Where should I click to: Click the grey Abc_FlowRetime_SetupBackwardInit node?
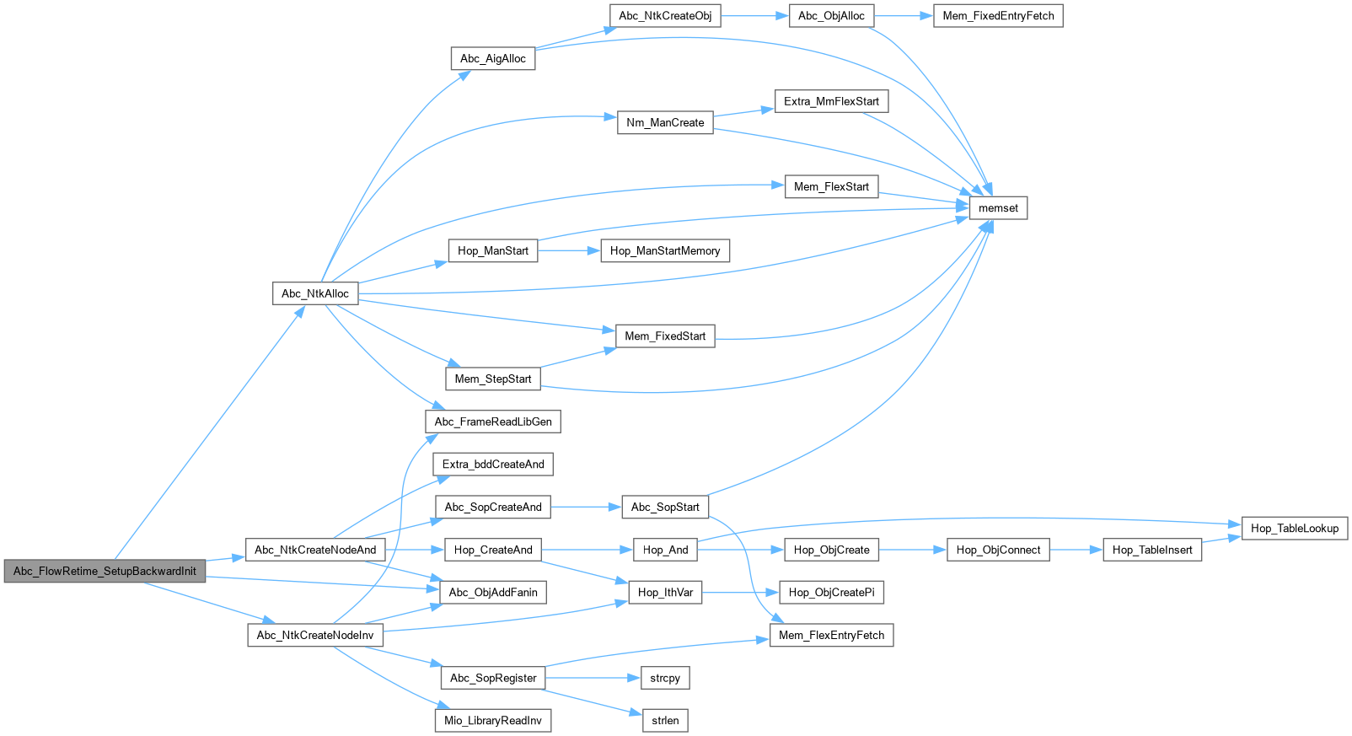coord(105,571)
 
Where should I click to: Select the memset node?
coord(998,208)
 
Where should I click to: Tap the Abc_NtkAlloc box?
coord(315,293)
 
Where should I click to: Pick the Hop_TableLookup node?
coord(1295,529)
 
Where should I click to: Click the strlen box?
coord(665,721)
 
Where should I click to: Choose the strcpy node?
coord(665,678)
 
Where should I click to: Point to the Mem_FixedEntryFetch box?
coord(998,16)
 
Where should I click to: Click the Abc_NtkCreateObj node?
coord(665,16)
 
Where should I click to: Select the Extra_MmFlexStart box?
coord(831,101)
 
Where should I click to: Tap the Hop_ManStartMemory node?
coord(665,250)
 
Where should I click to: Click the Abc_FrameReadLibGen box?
coord(493,422)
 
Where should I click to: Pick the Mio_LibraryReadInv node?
coord(493,721)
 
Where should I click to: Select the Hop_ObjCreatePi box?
coord(831,593)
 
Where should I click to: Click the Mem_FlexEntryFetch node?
coord(831,636)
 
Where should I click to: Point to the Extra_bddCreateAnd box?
coord(493,465)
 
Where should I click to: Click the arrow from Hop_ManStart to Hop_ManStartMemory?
coord(569,250)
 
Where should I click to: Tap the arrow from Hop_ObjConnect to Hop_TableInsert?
coord(1076,550)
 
